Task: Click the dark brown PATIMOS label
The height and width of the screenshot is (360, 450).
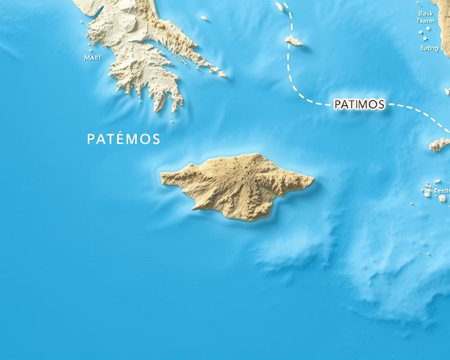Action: [x=360, y=105]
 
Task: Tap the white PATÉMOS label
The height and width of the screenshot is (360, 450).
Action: [x=123, y=139]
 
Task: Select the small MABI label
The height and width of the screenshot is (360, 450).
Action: [x=92, y=58]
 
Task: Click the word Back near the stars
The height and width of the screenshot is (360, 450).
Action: [x=425, y=14]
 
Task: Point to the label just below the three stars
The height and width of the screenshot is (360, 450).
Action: [x=429, y=48]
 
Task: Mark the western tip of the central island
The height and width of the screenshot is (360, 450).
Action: [x=162, y=175]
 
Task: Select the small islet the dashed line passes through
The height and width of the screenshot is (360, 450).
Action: [x=294, y=41]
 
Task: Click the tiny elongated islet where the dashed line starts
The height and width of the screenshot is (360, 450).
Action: [x=280, y=7]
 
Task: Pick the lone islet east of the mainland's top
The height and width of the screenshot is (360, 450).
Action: [x=204, y=18]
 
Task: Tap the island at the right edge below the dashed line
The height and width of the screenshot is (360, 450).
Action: [x=439, y=145]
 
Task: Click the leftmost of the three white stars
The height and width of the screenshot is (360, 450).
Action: [x=419, y=32]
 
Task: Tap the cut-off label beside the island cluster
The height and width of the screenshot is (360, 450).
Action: [x=442, y=190]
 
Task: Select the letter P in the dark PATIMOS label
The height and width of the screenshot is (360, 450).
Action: [x=337, y=105]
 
